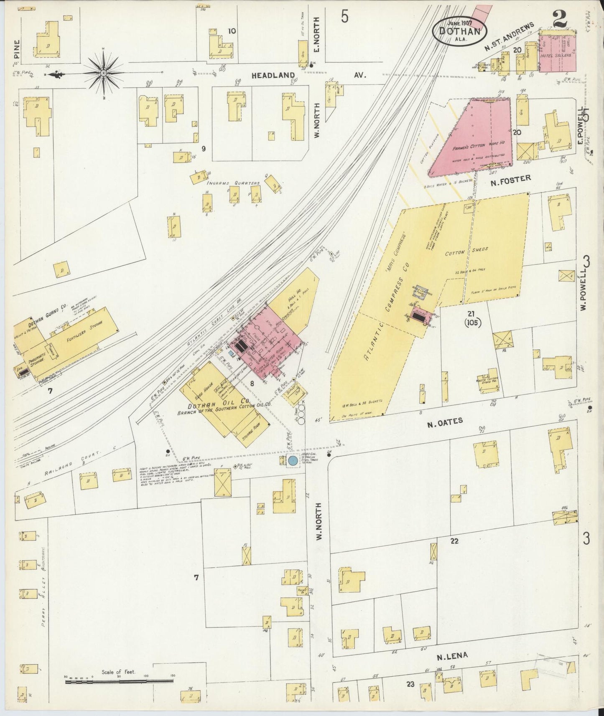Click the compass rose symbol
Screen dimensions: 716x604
(103, 74)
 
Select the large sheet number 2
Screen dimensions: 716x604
(558, 20)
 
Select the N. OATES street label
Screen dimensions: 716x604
(445, 421)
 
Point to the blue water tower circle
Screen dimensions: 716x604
(293, 461)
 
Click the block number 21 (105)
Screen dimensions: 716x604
(472, 318)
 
